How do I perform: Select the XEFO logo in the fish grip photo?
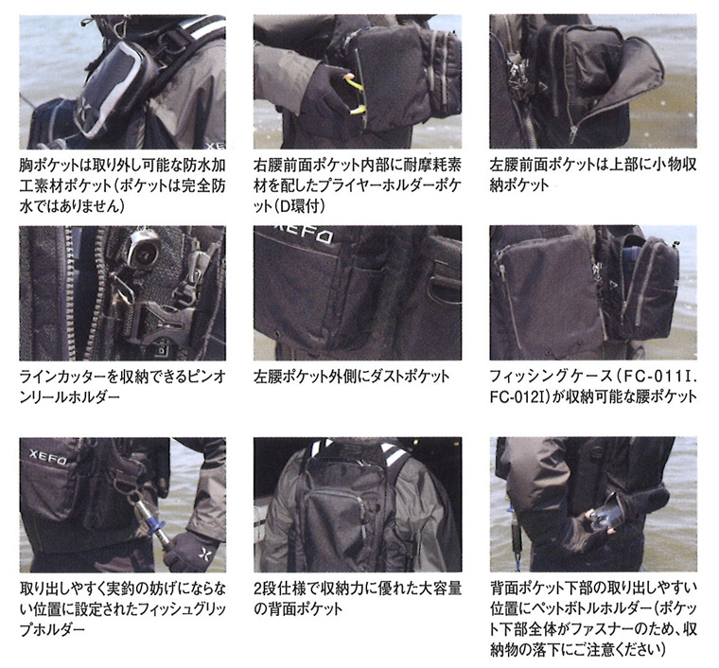click(x=47, y=456)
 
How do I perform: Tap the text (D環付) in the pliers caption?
click(x=302, y=206)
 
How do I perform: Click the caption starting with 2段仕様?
click(x=358, y=598)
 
